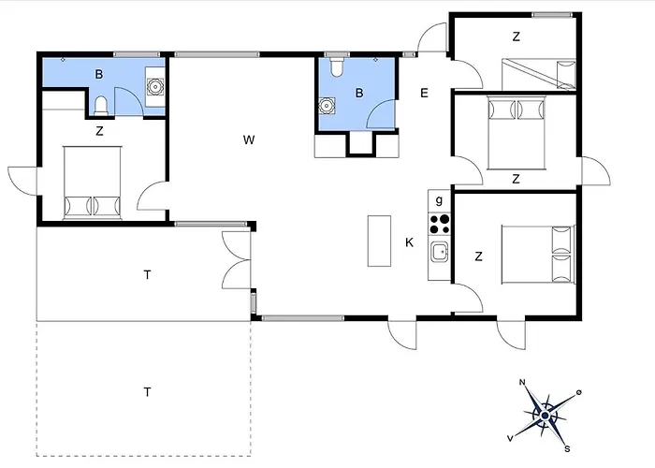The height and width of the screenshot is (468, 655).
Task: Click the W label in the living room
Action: point(249,139)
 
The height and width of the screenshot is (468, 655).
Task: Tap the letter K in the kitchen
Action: point(410,242)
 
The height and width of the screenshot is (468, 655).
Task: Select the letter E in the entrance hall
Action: point(424,93)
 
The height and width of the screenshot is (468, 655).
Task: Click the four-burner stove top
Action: point(440,224)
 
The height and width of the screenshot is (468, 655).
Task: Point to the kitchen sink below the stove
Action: point(440,252)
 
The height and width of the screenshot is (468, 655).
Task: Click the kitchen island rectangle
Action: point(379,241)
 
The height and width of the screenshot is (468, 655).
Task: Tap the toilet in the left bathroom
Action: point(101,106)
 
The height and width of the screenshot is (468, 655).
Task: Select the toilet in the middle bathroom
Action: point(337,67)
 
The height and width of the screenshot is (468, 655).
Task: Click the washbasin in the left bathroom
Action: point(155,87)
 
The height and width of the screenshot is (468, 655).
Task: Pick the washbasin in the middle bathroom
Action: point(327,106)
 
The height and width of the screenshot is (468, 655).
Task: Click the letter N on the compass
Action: point(522,382)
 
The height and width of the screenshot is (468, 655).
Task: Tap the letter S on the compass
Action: point(567,449)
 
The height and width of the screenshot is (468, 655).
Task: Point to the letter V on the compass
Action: point(510,438)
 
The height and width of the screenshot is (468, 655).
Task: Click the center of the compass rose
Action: point(545,416)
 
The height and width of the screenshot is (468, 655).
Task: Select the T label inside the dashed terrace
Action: point(147,392)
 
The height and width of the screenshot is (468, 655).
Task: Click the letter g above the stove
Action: point(439,200)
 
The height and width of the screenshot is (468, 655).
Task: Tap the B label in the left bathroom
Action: point(99,74)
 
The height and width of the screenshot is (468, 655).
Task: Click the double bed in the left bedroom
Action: point(93,183)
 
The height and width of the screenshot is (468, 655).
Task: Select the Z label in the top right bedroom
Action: point(517,37)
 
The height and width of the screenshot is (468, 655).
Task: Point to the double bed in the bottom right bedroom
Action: point(538,255)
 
